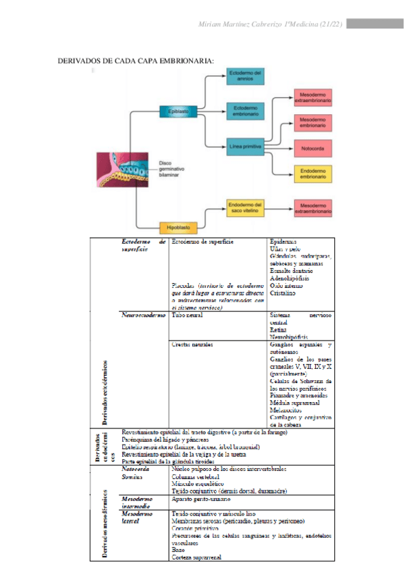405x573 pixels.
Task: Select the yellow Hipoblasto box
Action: pyautogui.click(x=174, y=227)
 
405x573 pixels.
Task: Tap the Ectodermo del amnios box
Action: pyautogui.click(x=244, y=76)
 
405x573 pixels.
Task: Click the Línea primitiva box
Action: pyautogui.click(x=244, y=146)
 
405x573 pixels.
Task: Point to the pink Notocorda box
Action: pyautogui.click(x=313, y=146)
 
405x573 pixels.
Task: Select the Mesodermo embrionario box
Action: pyautogui.click(x=313, y=122)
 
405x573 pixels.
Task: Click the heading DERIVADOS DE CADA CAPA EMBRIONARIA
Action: pyautogui.click(x=137, y=61)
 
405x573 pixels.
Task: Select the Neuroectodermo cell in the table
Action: pyautogui.click(x=143, y=316)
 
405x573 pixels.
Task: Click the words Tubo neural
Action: pyautogui.click(x=187, y=316)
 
